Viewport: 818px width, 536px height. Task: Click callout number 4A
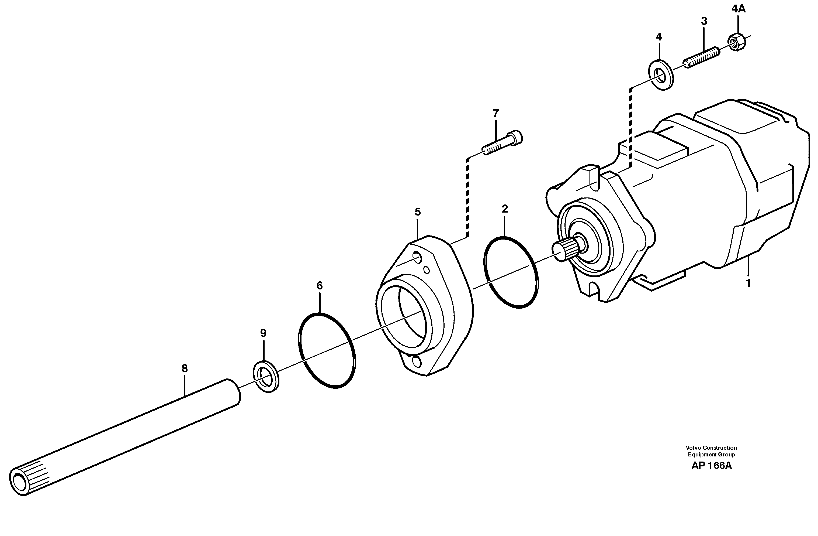coord(738,9)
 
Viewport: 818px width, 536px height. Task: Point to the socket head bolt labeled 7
coord(503,144)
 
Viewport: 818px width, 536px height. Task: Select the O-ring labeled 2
coord(511,272)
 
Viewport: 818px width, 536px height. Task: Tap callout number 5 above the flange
coord(418,211)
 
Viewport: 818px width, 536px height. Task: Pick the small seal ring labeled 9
coord(266,376)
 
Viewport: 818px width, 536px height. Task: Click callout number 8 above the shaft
coord(185,368)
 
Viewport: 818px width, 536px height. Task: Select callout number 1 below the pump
coord(748,284)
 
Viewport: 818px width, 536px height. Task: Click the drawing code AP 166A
coord(712,466)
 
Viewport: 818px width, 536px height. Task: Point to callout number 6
coord(320,285)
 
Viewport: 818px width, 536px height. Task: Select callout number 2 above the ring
coord(505,209)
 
